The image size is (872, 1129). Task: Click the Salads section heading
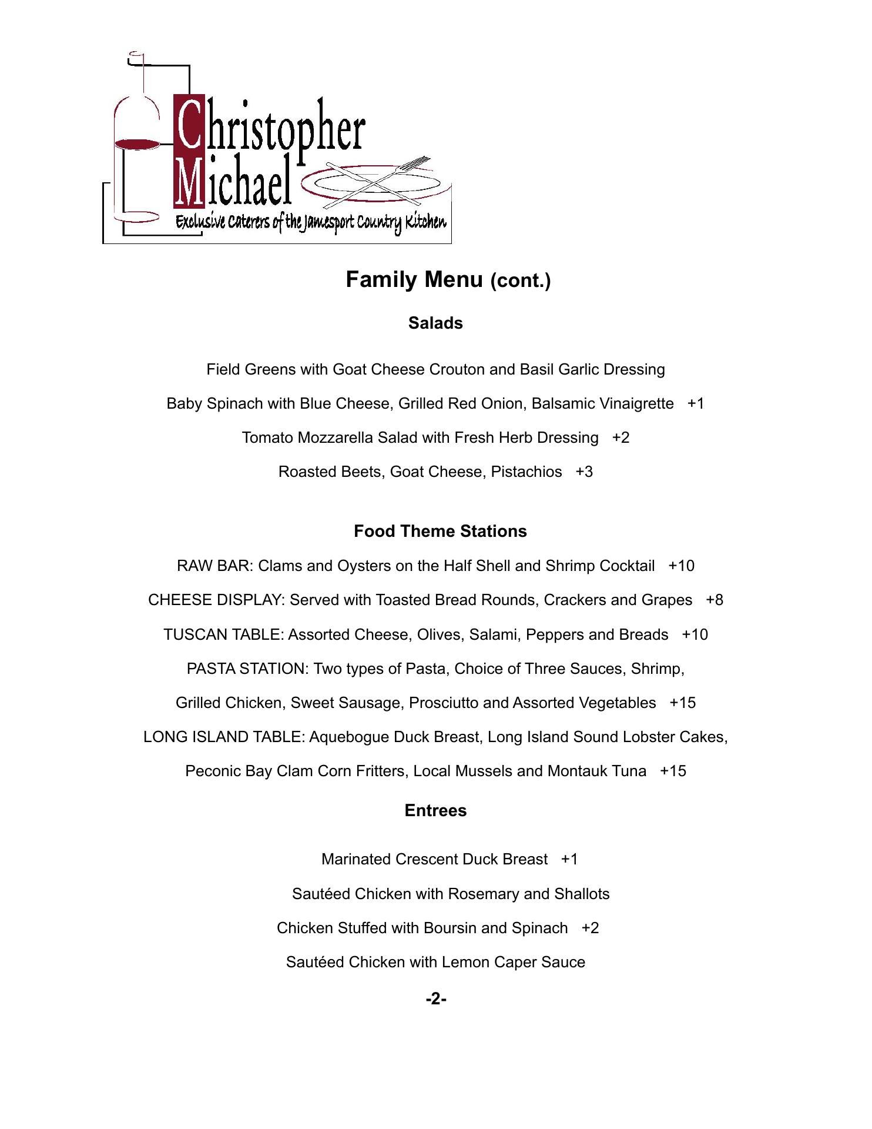pyautogui.click(x=435, y=323)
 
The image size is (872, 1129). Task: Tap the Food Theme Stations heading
pyautogui.click(x=440, y=532)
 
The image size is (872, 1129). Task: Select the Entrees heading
pyautogui.click(x=435, y=811)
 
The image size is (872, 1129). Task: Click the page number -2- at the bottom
pyautogui.click(x=436, y=999)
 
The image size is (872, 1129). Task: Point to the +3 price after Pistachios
pyautogui.click(x=584, y=472)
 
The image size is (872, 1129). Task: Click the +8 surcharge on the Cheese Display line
pyautogui.click(x=715, y=600)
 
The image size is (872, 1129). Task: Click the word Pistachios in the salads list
pyautogui.click(x=526, y=472)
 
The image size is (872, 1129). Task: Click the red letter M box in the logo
pyautogui.click(x=189, y=181)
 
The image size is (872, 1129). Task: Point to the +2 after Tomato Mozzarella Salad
pyautogui.click(x=621, y=438)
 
